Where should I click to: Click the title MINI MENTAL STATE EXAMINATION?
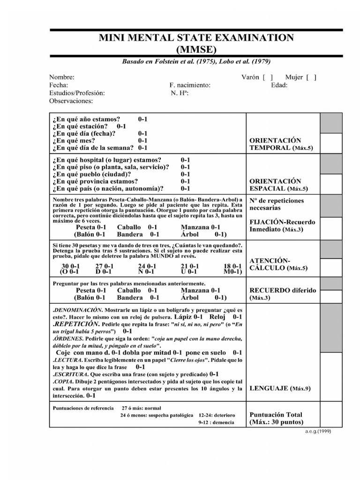coord(196,38)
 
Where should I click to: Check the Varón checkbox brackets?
coord(268,77)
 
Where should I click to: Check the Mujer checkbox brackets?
coord(311,77)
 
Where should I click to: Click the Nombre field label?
coord(61,77)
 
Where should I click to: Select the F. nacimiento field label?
coord(190,85)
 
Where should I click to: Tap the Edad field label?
coord(279,85)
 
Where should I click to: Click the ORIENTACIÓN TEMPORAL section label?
coord(275,144)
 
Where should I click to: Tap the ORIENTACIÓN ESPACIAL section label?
coord(275,185)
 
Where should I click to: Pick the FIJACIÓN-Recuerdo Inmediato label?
coord(282,225)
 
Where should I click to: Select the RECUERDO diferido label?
coord(283,294)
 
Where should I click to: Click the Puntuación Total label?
coord(276,418)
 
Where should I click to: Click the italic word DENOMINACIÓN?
coord(78,310)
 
